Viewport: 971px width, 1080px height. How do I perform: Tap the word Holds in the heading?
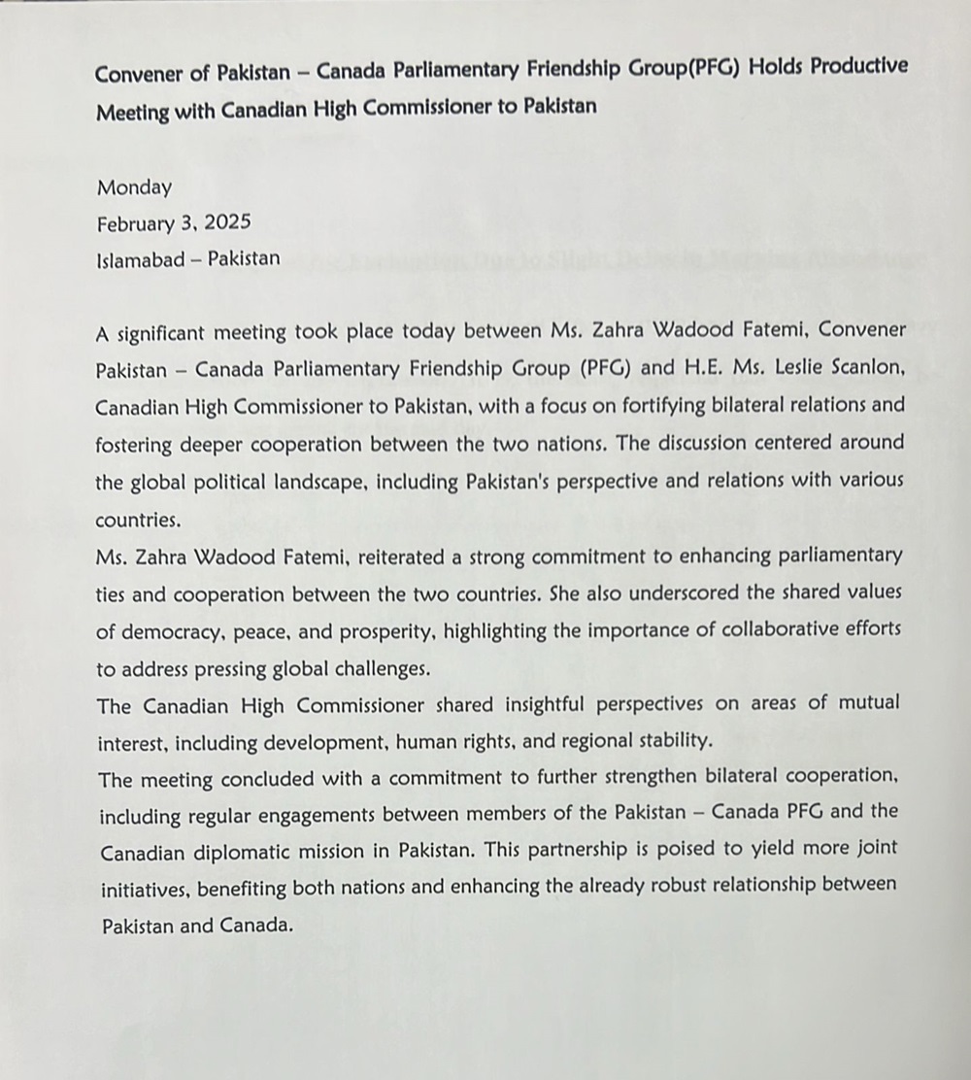pos(745,70)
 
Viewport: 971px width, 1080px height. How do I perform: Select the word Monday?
pos(134,187)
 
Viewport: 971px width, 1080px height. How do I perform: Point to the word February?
pos(134,223)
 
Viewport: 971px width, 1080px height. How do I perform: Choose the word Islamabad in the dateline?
pos(142,259)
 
